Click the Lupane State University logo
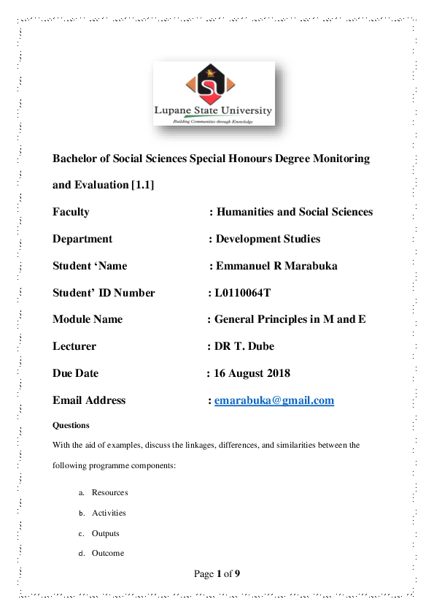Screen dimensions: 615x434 click(214, 93)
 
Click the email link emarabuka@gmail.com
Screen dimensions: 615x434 click(274, 400)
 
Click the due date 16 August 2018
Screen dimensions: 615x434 click(252, 373)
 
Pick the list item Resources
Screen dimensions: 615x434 click(110, 493)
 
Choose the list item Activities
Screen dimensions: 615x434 click(109, 513)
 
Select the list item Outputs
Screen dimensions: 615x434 click(106, 533)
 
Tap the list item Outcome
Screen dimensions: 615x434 click(108, 553)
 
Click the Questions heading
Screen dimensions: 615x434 click(71, 425)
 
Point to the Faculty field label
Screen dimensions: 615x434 click(71, 212)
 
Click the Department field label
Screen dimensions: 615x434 click(82, 239)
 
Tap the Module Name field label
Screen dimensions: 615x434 click(88, 319)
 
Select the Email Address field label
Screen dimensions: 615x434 click(89, 400)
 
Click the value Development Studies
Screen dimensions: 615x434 click(268, 239)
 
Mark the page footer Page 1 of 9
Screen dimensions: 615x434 click(217, 574)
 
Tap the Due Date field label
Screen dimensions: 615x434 click(75, 373)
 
